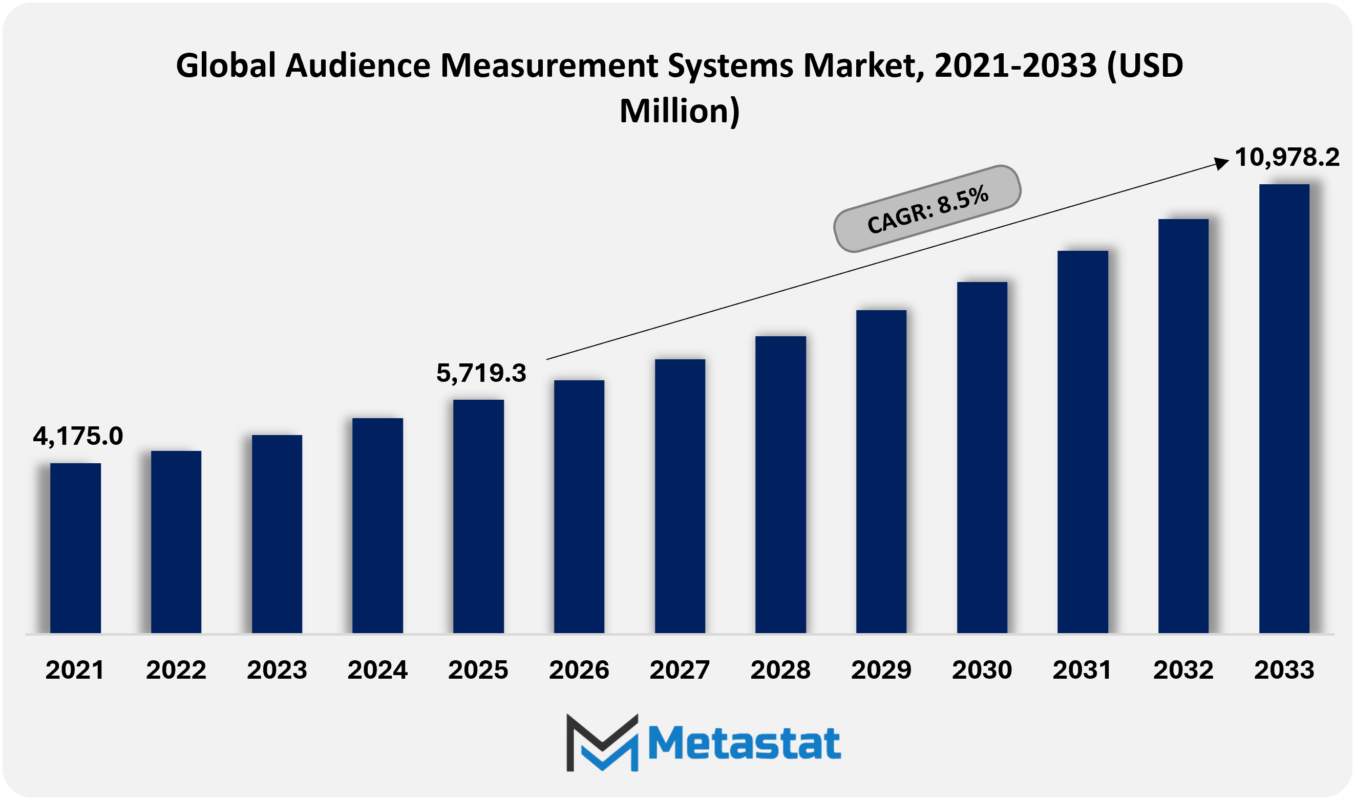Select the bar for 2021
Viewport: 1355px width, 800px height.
click(x=75, y=548)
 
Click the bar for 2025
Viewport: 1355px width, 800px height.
click(x=478, y=516)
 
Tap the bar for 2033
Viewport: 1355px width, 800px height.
click(x=1284, y=408)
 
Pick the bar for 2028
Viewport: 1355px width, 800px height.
click(x=780, y=484)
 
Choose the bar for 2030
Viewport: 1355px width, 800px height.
click(x=982, y=457)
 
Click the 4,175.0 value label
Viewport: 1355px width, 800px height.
click(x=78, y=436)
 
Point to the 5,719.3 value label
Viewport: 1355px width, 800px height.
click(x=481, y=373)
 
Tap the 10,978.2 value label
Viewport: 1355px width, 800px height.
click(x=1286, y=158)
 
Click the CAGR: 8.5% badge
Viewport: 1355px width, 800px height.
click(x=927, y=209)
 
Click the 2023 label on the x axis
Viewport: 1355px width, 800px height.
click(x=277, y=670)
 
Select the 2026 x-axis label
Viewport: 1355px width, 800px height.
click(x=579, y=670)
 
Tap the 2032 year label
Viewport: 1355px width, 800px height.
click(x=1183, y=670)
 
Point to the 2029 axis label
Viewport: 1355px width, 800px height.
click(x=881, y=670)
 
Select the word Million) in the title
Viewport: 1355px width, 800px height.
click(x=680, y=111)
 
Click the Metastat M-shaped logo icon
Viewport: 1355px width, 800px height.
click(x=602, y=742)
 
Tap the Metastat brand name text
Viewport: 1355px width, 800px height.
click(x=744, y=743)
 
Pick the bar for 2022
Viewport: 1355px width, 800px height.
click(x=176, y=542)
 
